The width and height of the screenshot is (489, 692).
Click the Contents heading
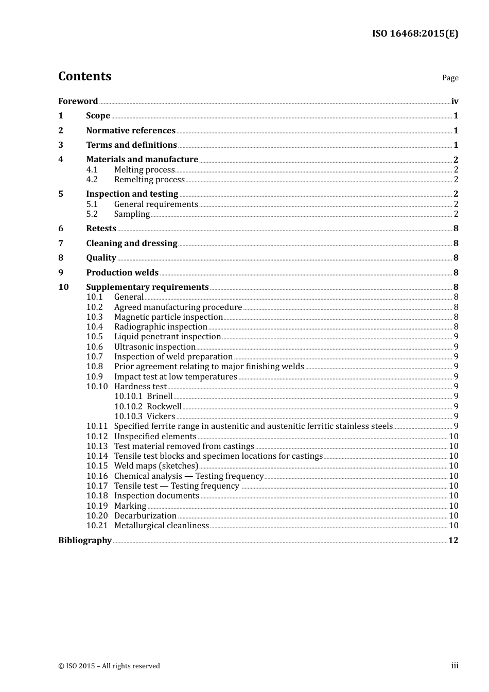click(x=84, y=76)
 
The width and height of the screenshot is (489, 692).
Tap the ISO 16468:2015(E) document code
click(x=415, y=33)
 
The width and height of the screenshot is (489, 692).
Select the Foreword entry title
click(x=78, y=101)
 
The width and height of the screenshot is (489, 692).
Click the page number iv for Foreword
click(x=455, y=101)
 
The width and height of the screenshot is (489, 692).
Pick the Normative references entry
click(x=131, y=130)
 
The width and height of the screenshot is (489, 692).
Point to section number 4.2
click(x=92, y=179)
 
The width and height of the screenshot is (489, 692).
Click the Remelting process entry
click(x=149, y=179)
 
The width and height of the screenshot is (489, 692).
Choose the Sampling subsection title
click(x=132, y=214)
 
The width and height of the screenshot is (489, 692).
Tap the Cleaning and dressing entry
click(x=132, y=243)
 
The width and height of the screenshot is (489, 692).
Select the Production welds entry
click(x=122, y=272)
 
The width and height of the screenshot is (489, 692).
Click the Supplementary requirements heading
click(x=147, y=287)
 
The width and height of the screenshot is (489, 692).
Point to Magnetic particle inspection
click(x=168, y=317)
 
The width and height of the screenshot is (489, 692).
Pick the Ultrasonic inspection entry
click(x=154, y=347)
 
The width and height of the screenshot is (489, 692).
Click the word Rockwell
click(x=164, y=406)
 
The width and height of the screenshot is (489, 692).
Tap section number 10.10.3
click(x=128, y=416)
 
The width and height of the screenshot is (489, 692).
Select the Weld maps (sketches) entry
click(x=156, y=465)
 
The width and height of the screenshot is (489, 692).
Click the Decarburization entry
click(x=145, y=515)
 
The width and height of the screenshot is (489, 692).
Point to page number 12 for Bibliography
click(x=453, y=540)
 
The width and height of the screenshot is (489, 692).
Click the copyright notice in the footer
click(x=109, y=666)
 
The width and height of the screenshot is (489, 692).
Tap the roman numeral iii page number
click(x=455, y=665)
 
